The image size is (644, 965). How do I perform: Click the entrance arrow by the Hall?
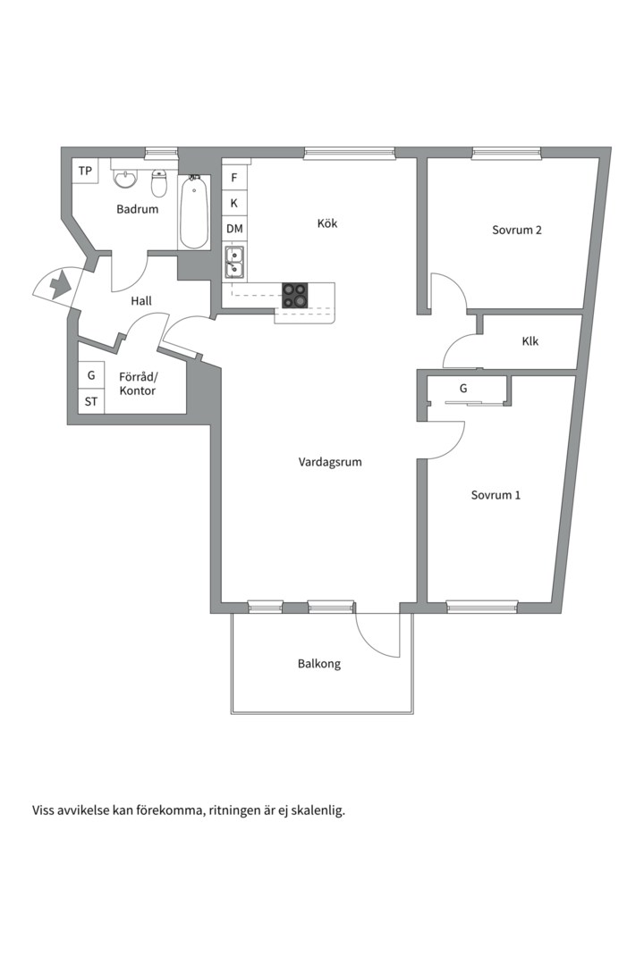click(59, 286)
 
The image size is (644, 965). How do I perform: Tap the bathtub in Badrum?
click(194, 213)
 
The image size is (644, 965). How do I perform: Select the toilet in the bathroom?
click(160, 184)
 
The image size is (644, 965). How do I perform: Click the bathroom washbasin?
click(126, 180)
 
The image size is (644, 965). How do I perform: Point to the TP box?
click(85, 171)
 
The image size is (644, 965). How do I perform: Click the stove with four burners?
click(295, 295)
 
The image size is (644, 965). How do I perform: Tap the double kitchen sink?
click(234, 264)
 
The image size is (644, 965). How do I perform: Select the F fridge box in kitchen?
click(234, 178)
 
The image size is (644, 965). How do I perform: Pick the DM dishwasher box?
click(234, 230)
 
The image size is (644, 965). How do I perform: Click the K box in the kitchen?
click(234, 204)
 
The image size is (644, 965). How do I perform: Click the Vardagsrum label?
click(330, 462)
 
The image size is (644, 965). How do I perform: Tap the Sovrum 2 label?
click(517, 230)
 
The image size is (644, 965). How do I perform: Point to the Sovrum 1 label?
click(496, 495)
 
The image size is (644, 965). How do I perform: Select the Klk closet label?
click(530, 341)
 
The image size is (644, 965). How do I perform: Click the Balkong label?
click(319, 664)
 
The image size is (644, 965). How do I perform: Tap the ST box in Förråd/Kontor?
click(91, 401)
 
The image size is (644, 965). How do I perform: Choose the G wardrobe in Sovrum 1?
click(463, 389)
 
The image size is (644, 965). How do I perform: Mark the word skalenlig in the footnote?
click(317, 811)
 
